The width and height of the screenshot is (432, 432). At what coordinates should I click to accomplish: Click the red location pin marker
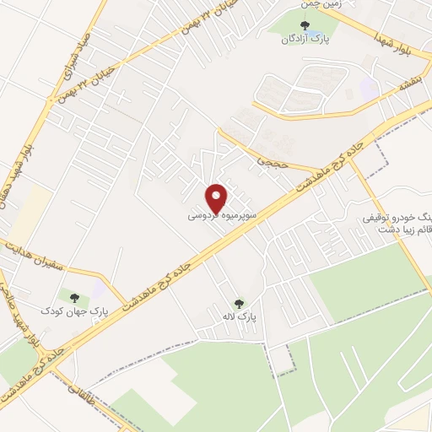218,197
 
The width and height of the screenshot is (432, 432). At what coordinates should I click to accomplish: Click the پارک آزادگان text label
305,39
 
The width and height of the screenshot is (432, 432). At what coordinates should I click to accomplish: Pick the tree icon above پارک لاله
239,304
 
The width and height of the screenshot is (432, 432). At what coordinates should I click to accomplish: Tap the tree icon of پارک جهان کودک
76,297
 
